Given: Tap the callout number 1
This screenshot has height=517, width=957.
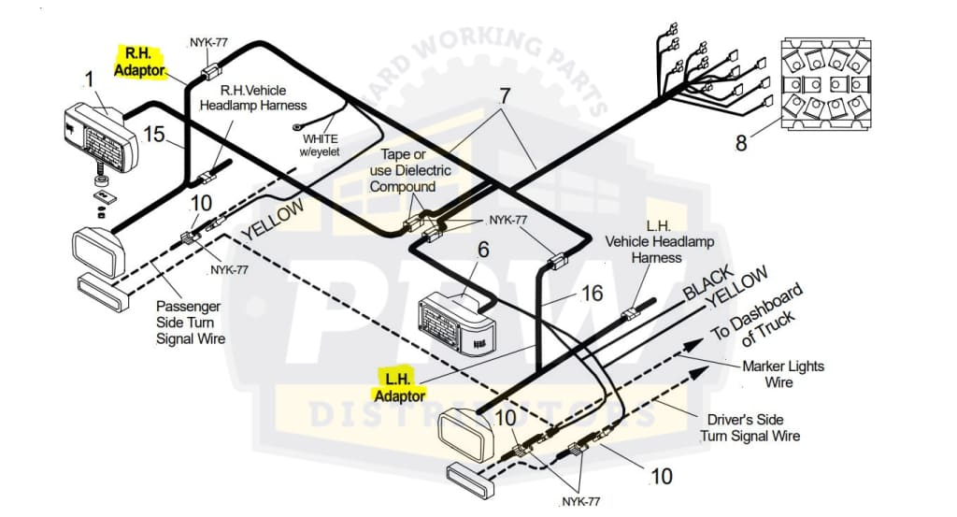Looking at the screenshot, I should tap(90, 79).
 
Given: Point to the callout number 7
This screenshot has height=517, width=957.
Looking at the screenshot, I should tap(505, 95).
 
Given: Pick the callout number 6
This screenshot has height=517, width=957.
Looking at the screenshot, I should tap(482, 250).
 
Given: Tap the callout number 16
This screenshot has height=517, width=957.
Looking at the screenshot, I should tap(592, 294).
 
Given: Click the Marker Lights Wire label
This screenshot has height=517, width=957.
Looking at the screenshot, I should tap(783, 374).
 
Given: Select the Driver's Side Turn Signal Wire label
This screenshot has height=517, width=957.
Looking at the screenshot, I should tap(750, 427).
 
